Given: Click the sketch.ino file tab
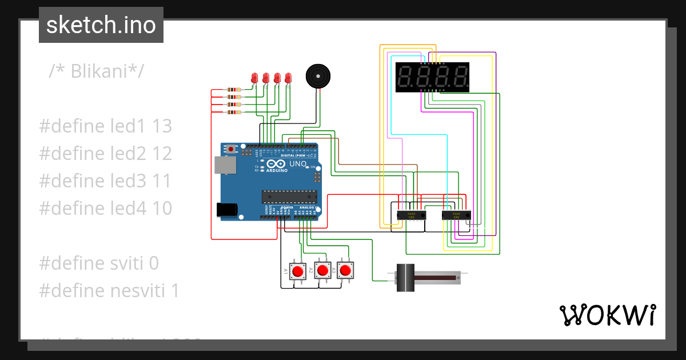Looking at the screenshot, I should [101, 25].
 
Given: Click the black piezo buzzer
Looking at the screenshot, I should [317, 76].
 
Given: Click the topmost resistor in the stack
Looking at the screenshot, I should [233, 90].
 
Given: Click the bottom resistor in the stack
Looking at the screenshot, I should [233, 112].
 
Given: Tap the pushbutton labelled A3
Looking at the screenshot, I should [345, 270].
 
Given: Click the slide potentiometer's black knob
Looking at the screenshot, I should [405, 278].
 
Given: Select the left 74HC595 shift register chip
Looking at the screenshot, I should [410, 215].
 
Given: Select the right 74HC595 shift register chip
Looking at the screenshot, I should [456, 215].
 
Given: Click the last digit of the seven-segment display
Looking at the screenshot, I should [459, 77].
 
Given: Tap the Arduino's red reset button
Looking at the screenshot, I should [231, 149].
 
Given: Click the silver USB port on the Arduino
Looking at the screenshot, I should [224, 165].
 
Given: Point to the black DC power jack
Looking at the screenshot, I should [228, 210].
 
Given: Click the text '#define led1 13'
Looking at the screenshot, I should [106, 126].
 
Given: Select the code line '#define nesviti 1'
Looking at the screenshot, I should [109, 291].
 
